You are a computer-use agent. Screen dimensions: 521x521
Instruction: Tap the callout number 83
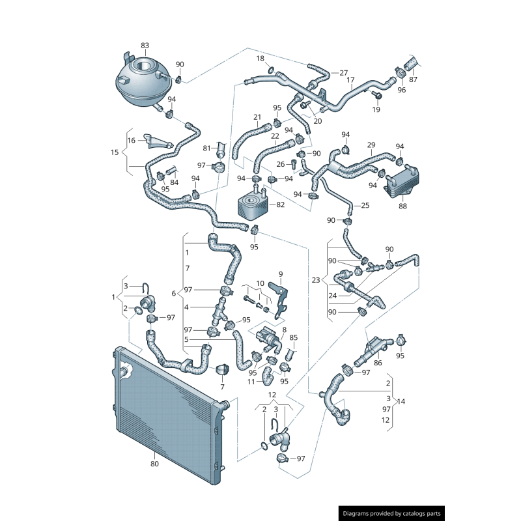click(x=145, y=45)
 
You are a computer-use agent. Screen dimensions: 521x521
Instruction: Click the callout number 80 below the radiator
click(x=154, y=464)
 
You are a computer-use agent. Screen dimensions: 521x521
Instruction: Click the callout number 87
click(x=413, y=79)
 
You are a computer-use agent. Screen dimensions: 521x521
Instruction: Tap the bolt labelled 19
click(x=376, y=95)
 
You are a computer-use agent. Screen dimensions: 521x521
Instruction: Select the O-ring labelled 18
click(x=271, y=70)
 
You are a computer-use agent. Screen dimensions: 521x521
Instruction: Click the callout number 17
click(x=350, y=80)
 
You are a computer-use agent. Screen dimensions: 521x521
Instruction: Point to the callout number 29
click(x=371, y=145)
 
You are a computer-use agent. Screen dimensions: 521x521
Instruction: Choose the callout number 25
click(x=365, y=205)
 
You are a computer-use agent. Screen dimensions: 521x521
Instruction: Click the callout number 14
click(x=401, y=401)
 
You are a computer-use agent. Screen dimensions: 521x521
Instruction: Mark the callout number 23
click(x=316, y=280)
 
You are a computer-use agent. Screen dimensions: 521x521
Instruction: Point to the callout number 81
click(x=206, y=148)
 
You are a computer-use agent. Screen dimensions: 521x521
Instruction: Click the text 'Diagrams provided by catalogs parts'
click(x=392, y=514)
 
